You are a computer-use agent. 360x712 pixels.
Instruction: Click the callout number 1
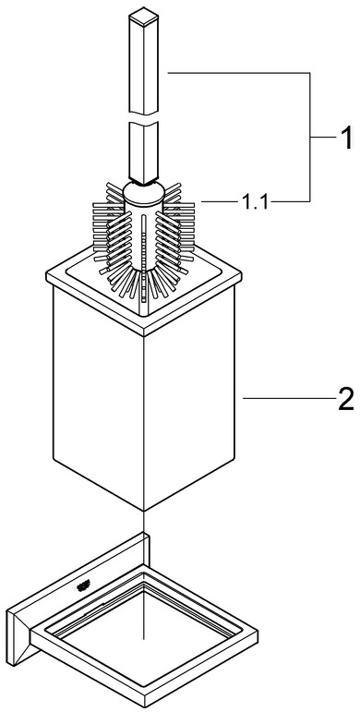pyautogui.click(x=346, y=138)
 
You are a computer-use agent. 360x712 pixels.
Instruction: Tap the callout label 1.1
pyautogui.click(x=254, y=202)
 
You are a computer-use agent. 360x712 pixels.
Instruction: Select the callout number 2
pyautogui.click(x=345, y=400)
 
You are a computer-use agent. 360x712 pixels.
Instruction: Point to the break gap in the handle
pyautogui.click(x=143, y=118)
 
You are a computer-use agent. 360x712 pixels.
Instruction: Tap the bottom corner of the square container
pyautogui.click(x=144, y=511)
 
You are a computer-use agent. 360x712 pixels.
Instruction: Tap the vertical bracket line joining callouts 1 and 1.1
pyautogui.click(x=310, y=137)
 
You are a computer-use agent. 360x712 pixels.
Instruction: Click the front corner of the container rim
pyautogui.click(x=144, y=336)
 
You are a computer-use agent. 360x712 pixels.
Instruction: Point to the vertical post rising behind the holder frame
pyautogui.click(x=146, y=549)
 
